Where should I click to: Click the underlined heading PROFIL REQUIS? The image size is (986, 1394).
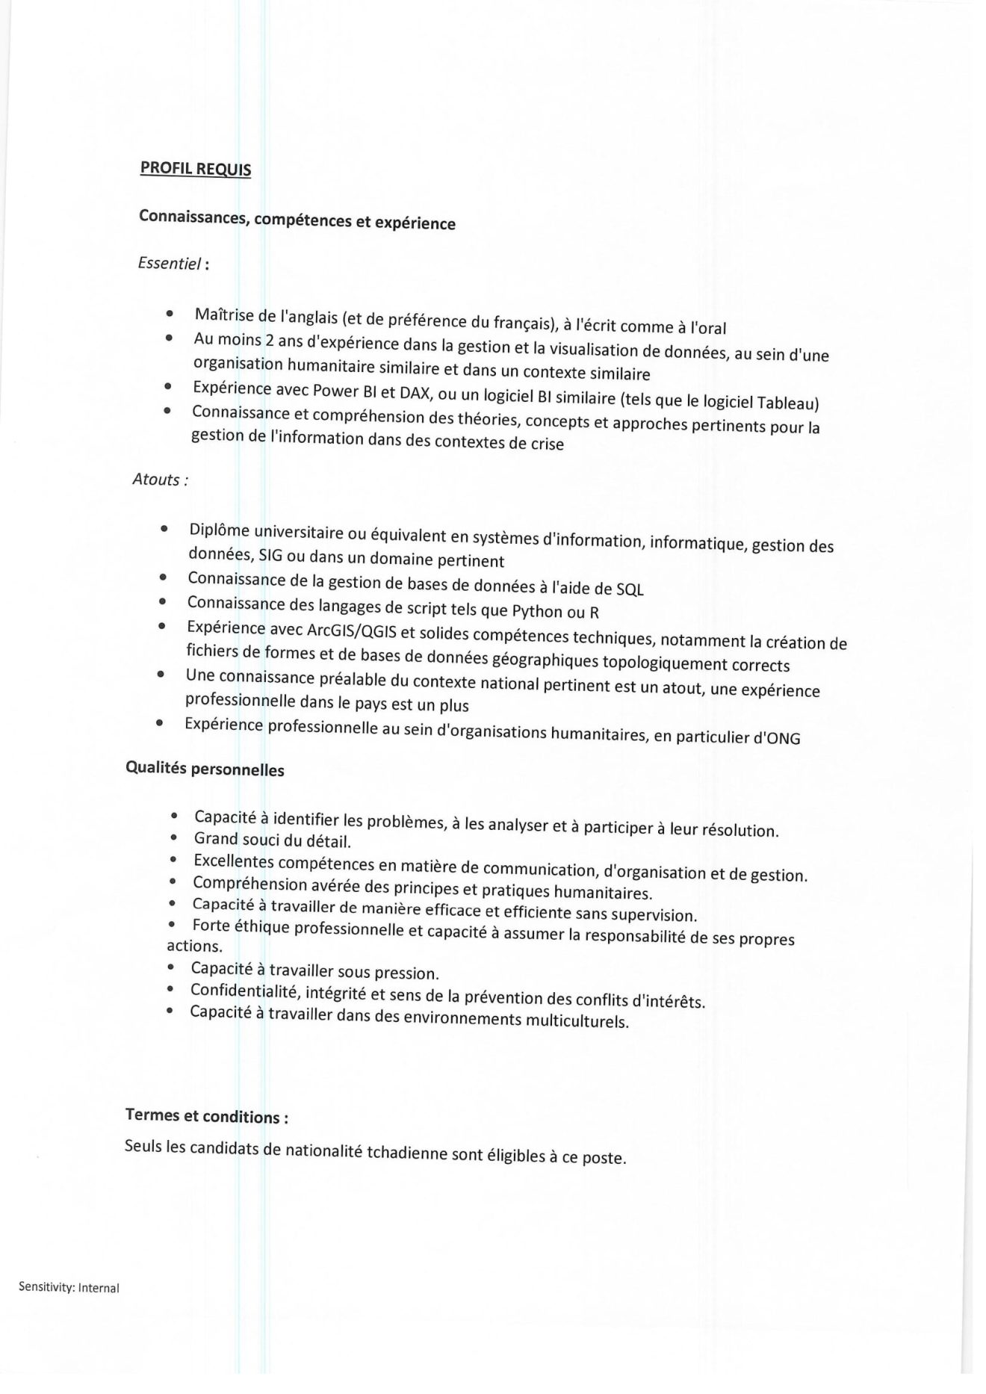click(196, 169)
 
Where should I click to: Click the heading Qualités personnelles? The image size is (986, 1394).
click(205, 769)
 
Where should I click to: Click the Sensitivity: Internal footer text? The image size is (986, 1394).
click(69, 1288)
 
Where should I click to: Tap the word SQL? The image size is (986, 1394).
click(630, 589)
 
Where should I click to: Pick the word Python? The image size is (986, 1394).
click(537, 611)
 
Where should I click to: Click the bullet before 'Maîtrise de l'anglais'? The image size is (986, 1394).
click(171, 315)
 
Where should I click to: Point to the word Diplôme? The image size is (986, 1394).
click(219, 530)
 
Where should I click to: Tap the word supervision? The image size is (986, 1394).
click(653, 915)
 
